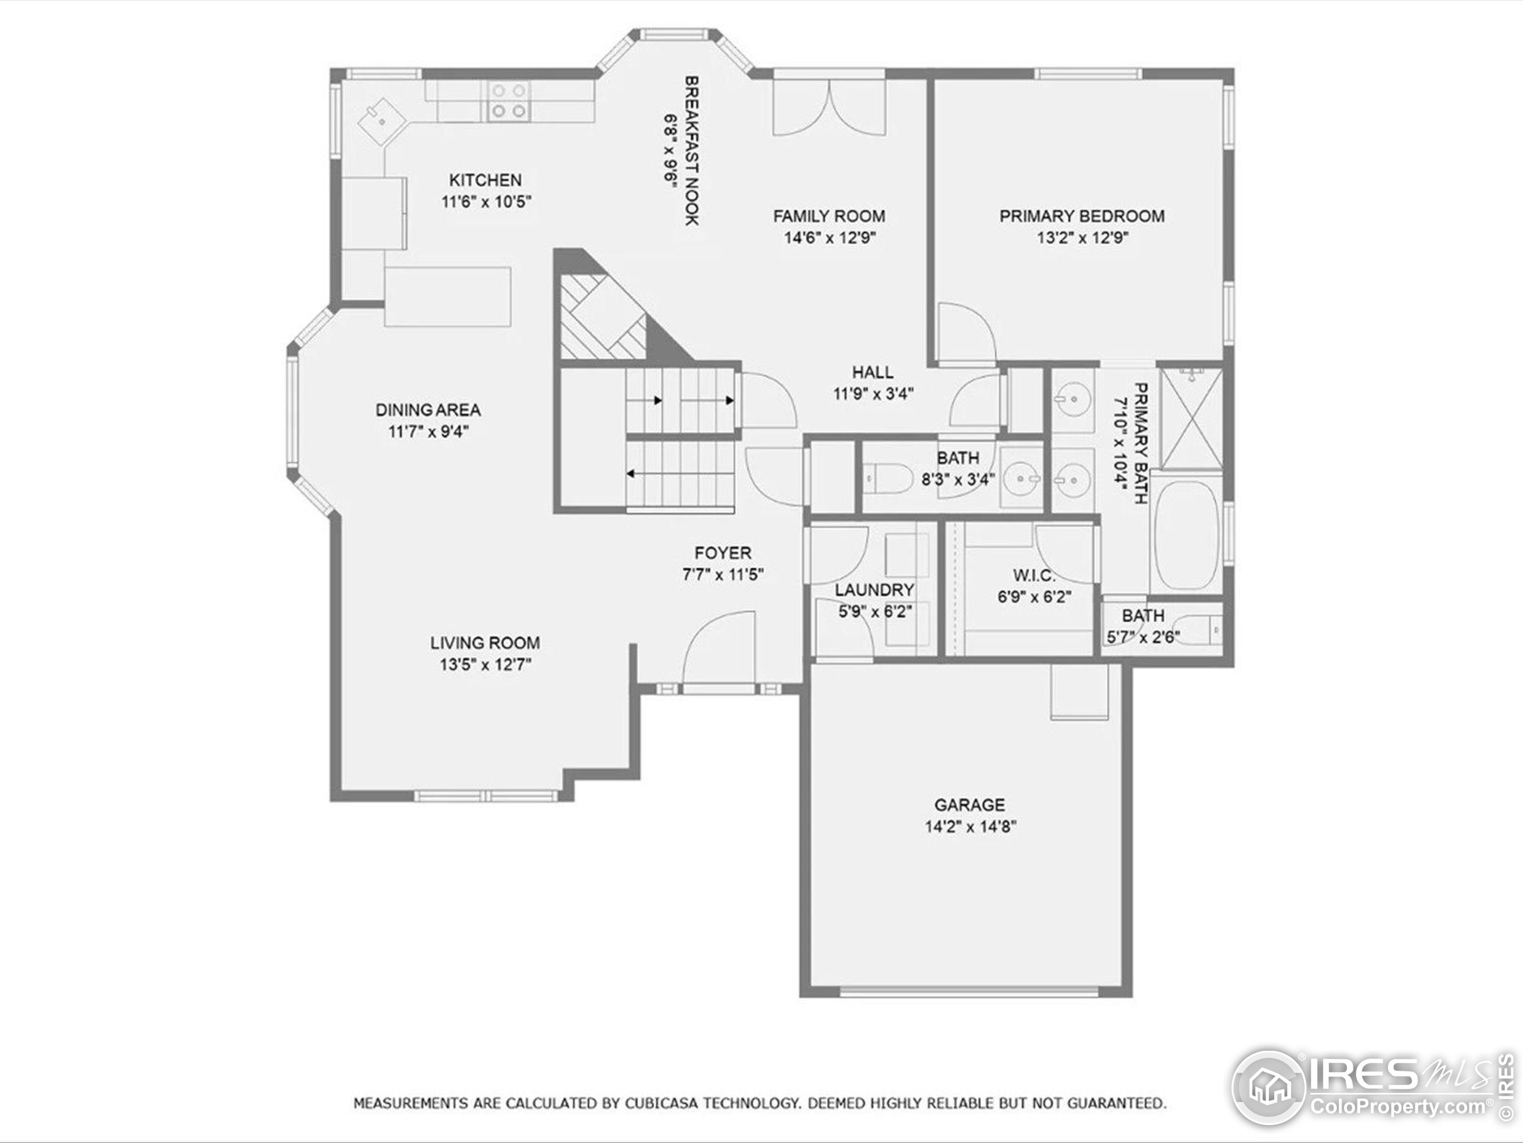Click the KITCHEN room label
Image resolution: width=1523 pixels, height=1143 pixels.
(485, 180)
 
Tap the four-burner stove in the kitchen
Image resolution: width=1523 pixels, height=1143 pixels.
(508, 101)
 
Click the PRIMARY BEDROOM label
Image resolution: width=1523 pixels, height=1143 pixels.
(1082, 216)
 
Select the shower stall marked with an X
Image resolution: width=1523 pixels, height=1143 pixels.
(1191, 418)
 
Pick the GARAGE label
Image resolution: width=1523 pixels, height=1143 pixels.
(970, 805)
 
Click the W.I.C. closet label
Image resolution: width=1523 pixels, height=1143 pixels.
(1034, 575)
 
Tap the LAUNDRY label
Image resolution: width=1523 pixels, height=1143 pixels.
(875, 591)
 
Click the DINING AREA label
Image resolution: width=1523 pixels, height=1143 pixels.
(428, 410)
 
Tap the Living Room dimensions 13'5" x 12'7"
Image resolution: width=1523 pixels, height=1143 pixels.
(485, 665)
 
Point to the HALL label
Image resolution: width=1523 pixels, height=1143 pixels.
(872, 373)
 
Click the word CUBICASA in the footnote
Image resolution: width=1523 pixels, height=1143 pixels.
(662, 1103)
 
